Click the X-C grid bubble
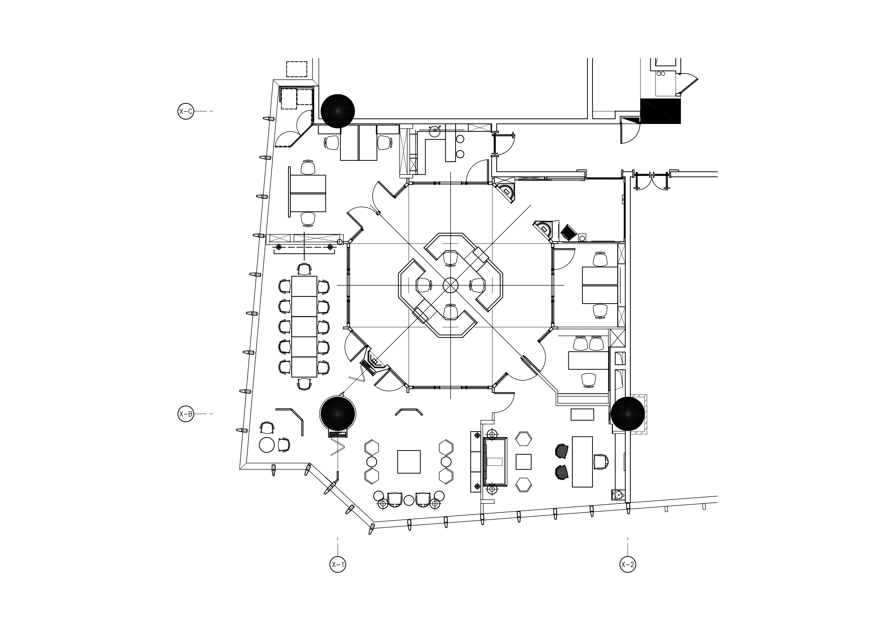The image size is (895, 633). [186, 111]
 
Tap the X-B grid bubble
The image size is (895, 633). [186, 414]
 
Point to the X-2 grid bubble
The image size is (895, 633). [628, 564]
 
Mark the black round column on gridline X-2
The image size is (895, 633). [628, 414]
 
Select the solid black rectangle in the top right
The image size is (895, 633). [661, 111]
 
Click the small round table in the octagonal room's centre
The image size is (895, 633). [451, 285]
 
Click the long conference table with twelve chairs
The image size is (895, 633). [304, 326]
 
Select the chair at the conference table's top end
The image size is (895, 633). [304, 269]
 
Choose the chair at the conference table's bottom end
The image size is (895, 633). [304, 384]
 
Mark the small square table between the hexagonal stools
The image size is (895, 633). [524, 462]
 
